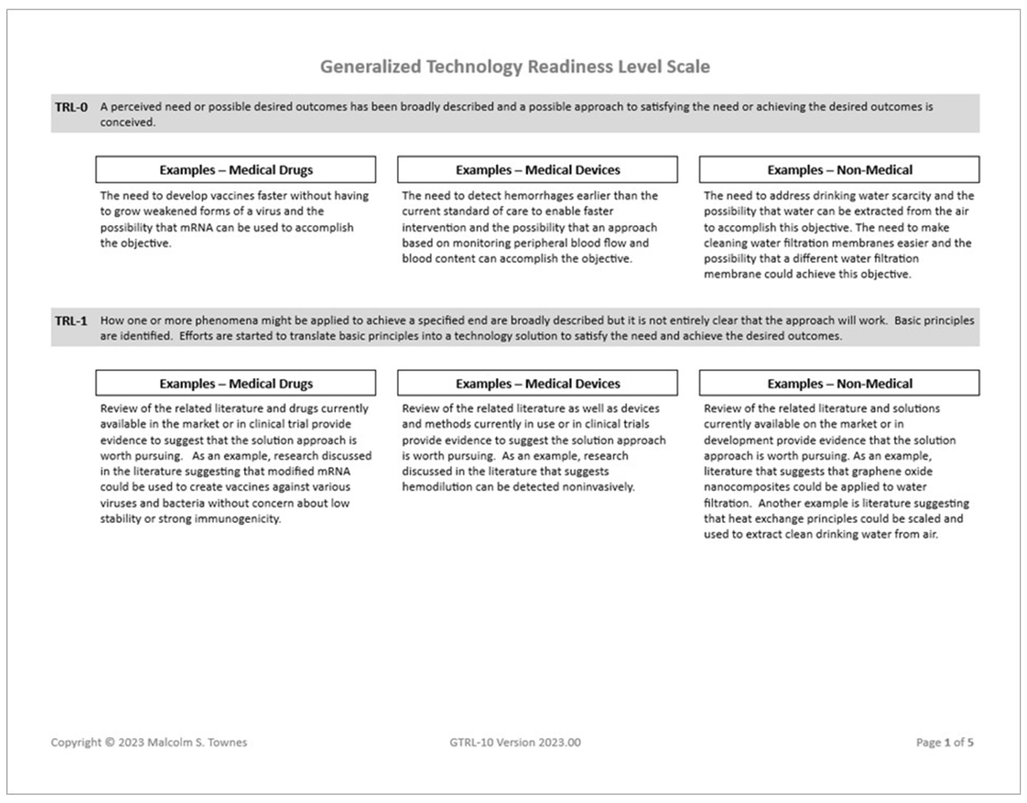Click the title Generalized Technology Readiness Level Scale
coord(515,67)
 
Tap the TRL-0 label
coord(71,107)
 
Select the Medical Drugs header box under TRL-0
coord(236,170)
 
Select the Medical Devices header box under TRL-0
coord(537,170)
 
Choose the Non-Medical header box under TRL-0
coord(839,170)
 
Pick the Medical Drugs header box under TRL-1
coord(236,384)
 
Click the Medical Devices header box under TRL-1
coord(537,384)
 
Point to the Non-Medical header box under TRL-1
coord(839,384)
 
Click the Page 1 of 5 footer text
coord(945,742)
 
